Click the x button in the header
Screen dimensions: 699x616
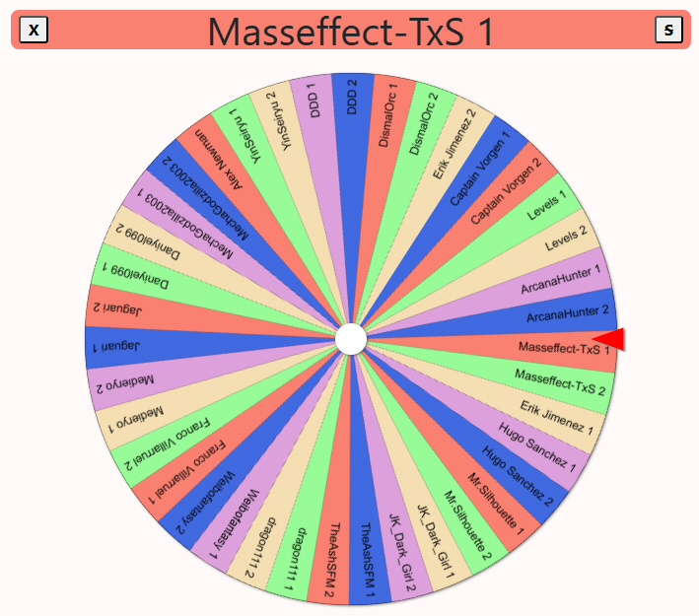click(x=34, y=30)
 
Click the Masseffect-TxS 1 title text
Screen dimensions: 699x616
click(x=350, y=32)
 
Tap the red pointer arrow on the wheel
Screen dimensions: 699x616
click(x=609, y=339)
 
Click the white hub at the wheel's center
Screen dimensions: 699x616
click(x=351, y=339)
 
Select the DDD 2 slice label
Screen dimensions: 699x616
click(x=352, y=97)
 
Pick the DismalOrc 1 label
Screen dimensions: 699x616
click(x=387, y=114)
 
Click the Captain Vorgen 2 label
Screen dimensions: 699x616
click(x=506, y=191)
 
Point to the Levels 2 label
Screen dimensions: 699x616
click(x=566, y=238)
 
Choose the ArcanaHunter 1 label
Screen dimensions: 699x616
click(x=561, y=280)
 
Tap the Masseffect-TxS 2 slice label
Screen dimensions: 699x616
click(x=560, y=382)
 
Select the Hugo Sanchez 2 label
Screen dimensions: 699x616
click(x=518, y=476)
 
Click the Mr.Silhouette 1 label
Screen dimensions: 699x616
click(x=495, y=504)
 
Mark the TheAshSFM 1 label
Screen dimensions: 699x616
click(x=368, y=560)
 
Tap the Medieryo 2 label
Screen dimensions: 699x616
click(x=125, y=383)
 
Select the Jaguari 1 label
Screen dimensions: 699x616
click(x=116, y=346)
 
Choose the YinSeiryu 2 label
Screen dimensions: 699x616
click(x=280, y=121)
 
